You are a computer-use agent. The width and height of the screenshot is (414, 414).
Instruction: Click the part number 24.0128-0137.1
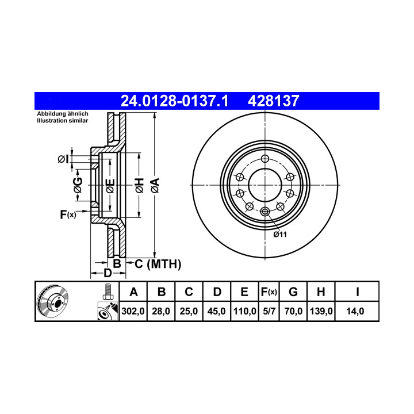tap(174, 101)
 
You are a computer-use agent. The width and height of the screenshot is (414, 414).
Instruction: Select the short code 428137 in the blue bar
tap(274, 101)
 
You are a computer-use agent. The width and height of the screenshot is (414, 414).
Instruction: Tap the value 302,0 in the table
tap(133, 311)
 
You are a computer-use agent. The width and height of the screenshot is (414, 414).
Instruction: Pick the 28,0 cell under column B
tap(161, 311)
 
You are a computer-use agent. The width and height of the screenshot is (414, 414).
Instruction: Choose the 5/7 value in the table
tap(269, 311)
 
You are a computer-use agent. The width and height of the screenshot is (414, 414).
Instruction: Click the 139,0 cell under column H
tap(321, 311)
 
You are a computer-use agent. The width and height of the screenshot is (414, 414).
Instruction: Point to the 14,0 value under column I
tap(355, 311)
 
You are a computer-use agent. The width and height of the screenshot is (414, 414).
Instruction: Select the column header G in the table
tap(293, 292)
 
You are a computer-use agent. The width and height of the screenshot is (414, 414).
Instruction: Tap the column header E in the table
tap(244, 292)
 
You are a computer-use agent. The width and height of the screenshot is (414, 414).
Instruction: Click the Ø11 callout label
tap(280, 235)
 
